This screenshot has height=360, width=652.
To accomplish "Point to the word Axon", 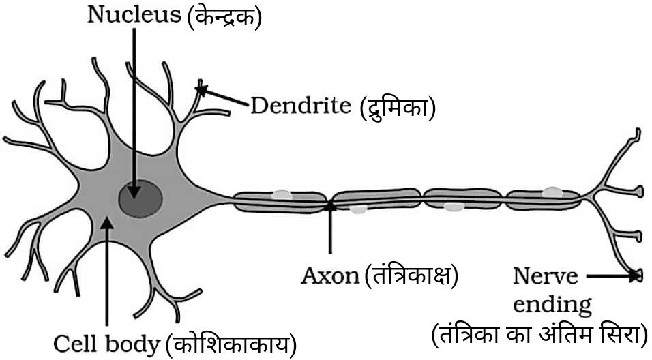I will point(330,276).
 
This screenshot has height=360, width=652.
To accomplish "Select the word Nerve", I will point(545,277).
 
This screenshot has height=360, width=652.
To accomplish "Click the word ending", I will point(554,304).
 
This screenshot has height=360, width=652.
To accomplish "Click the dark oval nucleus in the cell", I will point(140,199).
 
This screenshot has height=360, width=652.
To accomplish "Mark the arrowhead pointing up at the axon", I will point(330,205).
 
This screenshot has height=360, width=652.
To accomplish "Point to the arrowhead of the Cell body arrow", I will point(106,221).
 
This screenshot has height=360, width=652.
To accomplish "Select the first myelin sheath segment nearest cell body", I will point(280,200).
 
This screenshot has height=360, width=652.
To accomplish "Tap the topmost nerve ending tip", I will point(638,130).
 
